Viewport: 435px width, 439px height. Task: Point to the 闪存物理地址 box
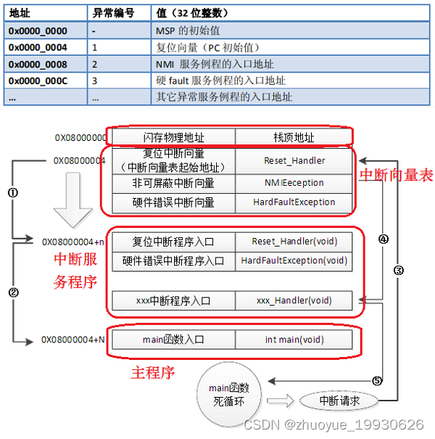(173, 137)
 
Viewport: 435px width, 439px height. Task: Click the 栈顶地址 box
(294, 137)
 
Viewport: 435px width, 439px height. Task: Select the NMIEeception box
(294, 184)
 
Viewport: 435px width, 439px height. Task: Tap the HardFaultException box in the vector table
(294, 202)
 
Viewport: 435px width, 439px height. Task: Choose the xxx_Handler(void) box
(294, 300)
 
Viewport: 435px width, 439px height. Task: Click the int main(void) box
(294, 339)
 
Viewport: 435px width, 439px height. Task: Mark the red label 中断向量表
(396, 175)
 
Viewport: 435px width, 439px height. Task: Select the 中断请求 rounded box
(339, 400)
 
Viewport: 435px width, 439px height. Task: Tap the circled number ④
(384, 237)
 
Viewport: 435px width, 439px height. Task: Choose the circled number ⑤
(376, 380)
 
